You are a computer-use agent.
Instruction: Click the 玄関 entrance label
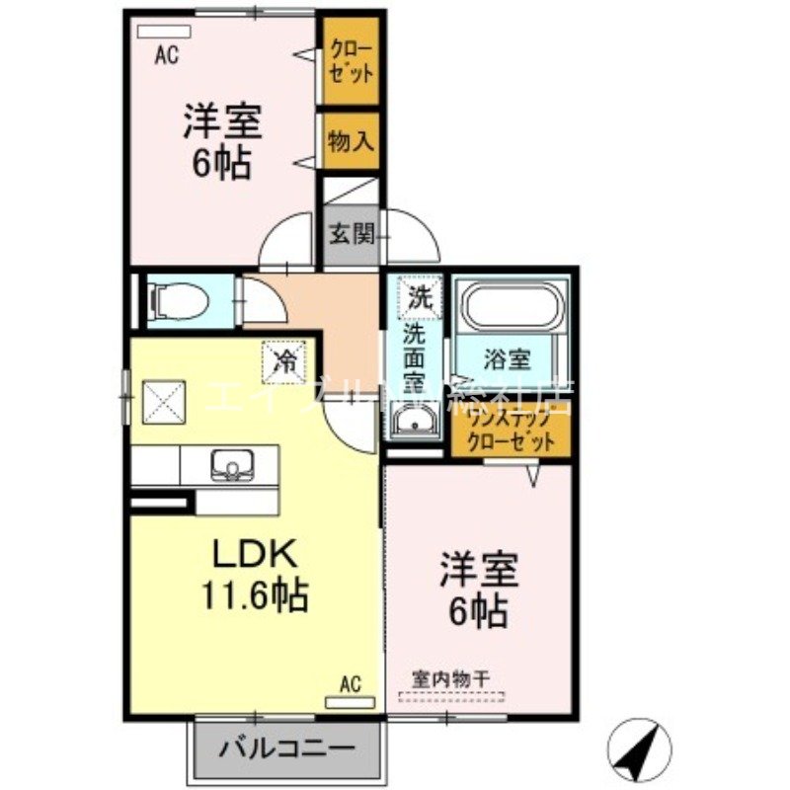[x=351, y=236]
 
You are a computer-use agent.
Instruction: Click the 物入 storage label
[x=351, y=141]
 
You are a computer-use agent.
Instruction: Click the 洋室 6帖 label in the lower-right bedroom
[x=478, y=592]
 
